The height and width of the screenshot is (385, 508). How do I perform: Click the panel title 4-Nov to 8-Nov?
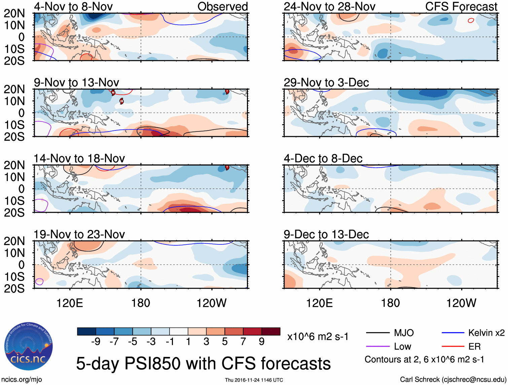[x=73, y=6]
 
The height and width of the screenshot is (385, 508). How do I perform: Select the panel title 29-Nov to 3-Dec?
[x=326, y=83]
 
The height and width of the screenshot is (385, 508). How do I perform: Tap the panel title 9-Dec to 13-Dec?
[x=326, y=234]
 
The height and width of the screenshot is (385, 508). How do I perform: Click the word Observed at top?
[x=222, y=6]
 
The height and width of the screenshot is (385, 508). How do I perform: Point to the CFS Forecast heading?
[x=461, y=6]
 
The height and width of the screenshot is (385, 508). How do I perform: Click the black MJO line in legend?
[x=377, y=333]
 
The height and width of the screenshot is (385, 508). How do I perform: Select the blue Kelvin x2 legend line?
[x=453, y=333]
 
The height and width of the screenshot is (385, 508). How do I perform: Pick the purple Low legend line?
[x=377, y=347]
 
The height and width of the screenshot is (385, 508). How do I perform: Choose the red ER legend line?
[x=453, y=347]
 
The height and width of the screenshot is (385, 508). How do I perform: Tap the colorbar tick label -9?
[x=96, y=342]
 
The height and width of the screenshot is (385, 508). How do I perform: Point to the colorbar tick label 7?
[x=243, y=342]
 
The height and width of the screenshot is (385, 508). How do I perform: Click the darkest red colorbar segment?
[x=271, y=331]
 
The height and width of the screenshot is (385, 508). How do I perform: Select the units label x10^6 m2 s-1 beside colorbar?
[x=318, y=336]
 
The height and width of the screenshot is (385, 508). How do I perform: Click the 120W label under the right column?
[x=461, y=303]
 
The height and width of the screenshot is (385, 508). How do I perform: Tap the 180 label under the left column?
[x=141, y=303]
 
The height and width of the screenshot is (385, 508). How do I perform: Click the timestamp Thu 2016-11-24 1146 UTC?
[x=254, y=380]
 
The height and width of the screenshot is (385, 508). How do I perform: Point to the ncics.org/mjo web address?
[x=22, y=380]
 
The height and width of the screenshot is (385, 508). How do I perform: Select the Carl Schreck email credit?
[x=453, y=380]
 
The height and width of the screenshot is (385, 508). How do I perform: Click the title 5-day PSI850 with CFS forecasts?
[x=203, y=363]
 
